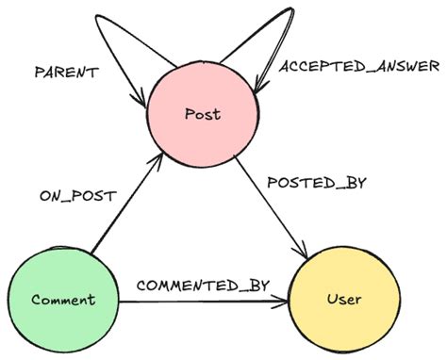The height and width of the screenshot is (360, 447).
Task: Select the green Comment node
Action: point(62,300)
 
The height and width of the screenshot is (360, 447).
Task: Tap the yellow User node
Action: point(343,300)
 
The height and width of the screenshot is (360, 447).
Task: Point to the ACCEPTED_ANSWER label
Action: point(359,66)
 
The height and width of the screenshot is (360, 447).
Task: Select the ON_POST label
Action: point(77,196)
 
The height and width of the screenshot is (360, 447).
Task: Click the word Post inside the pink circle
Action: point(204,115)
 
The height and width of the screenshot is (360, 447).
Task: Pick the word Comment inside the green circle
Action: point(62,301)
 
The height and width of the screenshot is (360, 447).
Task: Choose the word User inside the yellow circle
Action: point(343,301)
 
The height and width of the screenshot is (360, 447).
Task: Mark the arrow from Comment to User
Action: point(203,303)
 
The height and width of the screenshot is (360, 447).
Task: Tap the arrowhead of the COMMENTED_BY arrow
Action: point(285,303)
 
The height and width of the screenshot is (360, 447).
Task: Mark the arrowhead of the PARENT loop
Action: point(141,98)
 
